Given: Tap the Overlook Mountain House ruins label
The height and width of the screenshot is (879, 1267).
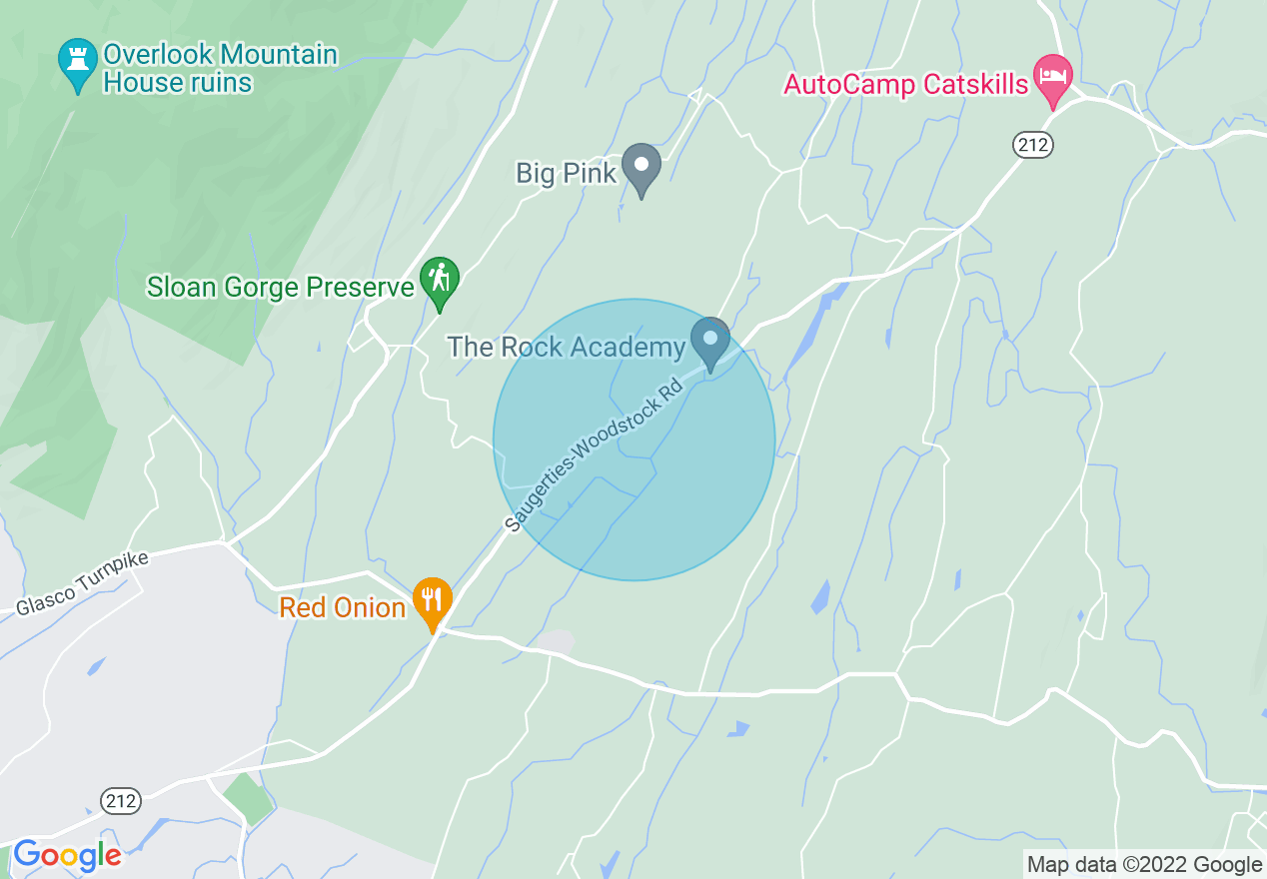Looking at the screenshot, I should (220, 68).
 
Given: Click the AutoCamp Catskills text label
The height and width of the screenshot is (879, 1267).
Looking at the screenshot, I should (905, 84).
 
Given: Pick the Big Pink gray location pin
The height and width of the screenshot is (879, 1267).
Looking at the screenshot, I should (640, 168).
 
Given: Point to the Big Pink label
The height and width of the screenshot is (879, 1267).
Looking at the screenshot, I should (567, 173).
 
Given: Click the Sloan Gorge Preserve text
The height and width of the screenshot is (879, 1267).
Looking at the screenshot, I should (280, 288).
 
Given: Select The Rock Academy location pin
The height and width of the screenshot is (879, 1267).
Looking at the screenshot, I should (710, 341).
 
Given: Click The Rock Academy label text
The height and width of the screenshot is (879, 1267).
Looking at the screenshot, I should (566, 347).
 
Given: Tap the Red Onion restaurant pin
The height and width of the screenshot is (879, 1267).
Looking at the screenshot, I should (432, 601).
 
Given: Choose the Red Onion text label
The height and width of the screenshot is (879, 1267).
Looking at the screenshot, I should (342, 607).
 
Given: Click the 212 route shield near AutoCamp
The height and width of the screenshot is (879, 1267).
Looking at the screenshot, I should (1032, 145).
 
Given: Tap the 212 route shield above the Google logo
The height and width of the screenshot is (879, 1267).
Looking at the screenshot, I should (121, 800).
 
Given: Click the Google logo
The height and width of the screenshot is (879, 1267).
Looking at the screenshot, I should (67, 855).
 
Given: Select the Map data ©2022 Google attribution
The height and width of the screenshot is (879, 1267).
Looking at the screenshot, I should (1144, 864).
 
